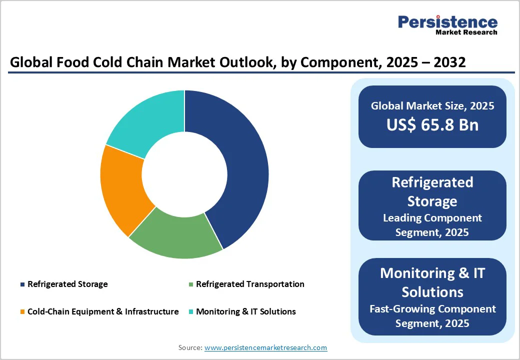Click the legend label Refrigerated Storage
(67, 284)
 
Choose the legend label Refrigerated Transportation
(250, 284)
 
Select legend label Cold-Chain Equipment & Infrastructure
(103, 311)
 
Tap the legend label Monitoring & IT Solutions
(246, 311)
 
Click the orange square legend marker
(22, 312)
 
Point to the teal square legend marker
(190, 312)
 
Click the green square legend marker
(190, 284)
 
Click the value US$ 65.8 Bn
(432, 125)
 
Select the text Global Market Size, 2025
(432, 105)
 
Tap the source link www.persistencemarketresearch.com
(265, 347)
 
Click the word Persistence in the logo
(447, 22)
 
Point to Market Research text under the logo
(466, 32)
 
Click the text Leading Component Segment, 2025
(432, 225)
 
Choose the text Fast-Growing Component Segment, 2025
(432, 316)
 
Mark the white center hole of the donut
(184, 174)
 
